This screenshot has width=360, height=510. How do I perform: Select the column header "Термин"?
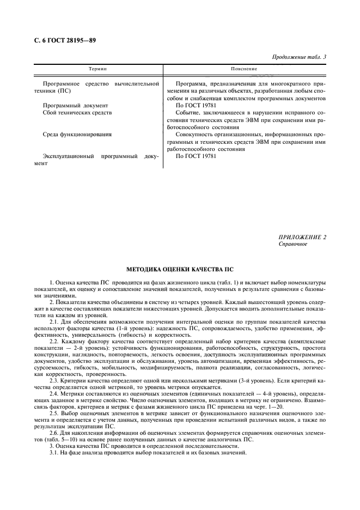pos(97,70)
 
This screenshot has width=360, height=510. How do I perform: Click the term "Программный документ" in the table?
pos(76,105)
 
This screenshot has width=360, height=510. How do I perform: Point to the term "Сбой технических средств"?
pos(77,112)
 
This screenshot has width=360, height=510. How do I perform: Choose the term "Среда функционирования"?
pos(77,134)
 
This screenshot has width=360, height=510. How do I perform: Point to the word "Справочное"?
pos(293,244)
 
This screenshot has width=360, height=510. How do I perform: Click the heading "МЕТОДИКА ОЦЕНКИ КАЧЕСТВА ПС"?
pos(180,269)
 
